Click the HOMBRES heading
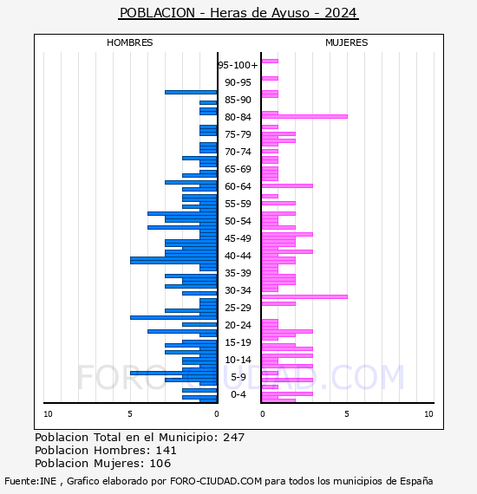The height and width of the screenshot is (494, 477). coord(129,42)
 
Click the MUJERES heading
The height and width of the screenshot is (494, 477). coord(347,42)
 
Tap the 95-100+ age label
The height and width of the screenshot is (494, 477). coord(238,65)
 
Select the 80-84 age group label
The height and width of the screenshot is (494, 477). coord(238,117)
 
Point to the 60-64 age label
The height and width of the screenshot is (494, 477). coord(238,186)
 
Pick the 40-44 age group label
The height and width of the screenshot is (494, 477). coord(238,256)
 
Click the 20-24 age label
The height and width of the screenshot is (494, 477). coord(238,325)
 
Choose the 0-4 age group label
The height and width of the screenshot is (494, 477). coord(238,394)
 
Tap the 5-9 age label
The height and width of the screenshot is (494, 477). coord(238,377)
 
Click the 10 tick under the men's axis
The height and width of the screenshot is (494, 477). coord(48,414)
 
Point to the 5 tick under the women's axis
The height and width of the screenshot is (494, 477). coord(347,414)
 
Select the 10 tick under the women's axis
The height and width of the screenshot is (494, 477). coord(428,414)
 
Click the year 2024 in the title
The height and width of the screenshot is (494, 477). coord(341,13)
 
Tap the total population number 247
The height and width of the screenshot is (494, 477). coord(233,438)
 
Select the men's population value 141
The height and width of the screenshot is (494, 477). coord(167,450)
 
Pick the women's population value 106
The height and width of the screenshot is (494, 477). coord(160,464)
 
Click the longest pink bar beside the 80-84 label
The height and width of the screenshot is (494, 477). coord(304,117)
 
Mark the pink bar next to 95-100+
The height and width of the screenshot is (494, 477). coord(270,62)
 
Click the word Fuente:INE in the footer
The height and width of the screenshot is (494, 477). coord(30,481)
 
